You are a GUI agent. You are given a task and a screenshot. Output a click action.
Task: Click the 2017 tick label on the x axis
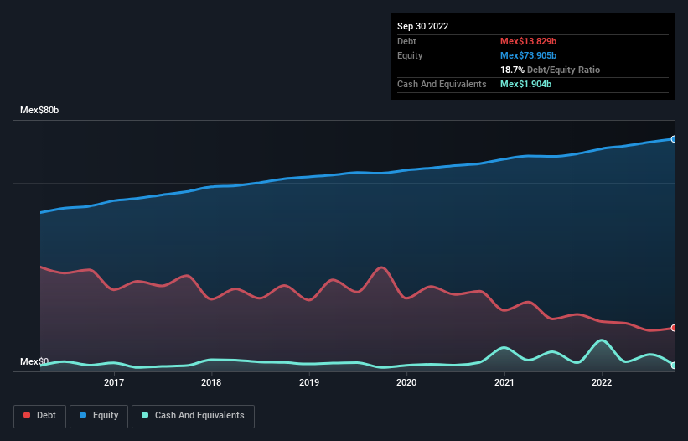click(x=114, y=382)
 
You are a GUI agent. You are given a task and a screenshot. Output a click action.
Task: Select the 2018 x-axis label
click(x=211, y=382)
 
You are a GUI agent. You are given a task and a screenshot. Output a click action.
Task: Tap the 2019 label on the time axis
click(x=309, y=382)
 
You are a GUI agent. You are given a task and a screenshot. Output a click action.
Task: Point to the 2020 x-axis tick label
click(x=406, y=382)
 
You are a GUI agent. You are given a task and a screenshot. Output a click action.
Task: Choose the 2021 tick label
click(x=504, y=382)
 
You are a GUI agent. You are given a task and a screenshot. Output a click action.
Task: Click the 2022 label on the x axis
click(x=601, y=382)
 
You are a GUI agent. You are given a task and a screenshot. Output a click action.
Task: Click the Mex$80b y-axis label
click(x=39, y=111)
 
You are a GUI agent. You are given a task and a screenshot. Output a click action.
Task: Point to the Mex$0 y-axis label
click(x=34, y=361)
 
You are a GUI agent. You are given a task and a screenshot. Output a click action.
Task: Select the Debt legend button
click(x=39, y=415)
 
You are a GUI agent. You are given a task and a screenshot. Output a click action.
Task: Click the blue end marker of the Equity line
click(x=673, y=139)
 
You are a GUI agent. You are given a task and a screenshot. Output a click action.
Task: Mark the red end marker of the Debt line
click(x=673, y=328)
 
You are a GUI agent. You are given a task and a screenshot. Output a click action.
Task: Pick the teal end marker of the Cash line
click(x=673, y=366)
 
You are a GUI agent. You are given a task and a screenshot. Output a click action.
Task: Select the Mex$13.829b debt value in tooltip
click(x=528, y=41)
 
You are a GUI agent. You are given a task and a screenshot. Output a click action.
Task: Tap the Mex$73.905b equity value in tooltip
click(x=528, y=55)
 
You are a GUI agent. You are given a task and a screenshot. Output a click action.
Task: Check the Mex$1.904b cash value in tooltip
click(x=525, y=84)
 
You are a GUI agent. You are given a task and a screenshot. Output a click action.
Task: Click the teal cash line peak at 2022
click(x=601, y=340)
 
